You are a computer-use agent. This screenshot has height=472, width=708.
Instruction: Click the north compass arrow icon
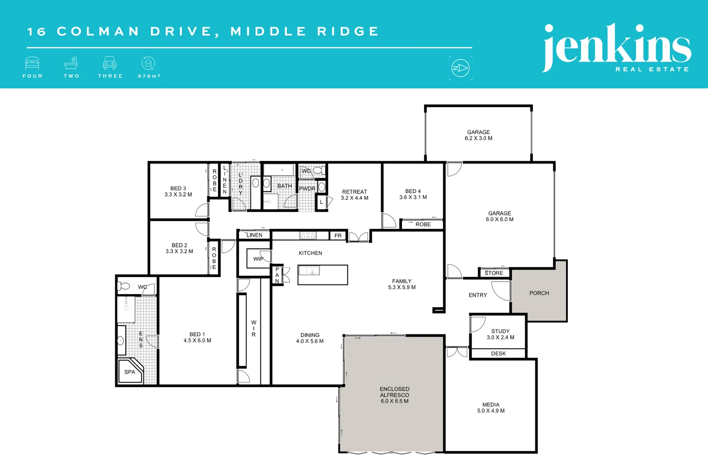click(x=460, y=68)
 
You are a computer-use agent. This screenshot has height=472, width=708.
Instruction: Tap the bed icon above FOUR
click(x=32, y=64)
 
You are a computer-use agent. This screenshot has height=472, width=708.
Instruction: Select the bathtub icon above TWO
click(x=71, y=64)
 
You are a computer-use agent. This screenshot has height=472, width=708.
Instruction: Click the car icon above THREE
click(x=110, y=64)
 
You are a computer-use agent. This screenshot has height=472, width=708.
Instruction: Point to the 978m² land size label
click(x=149, y=76)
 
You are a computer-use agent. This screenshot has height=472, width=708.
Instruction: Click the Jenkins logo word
click(x=616, y=46)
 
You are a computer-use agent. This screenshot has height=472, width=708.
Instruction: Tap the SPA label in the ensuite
click(x=130, y=372)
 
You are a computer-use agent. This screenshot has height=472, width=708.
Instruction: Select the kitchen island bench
click(x=323, y=275)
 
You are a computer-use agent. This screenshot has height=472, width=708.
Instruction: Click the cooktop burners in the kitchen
click(x=308, y=236)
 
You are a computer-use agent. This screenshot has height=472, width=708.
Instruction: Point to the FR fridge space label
click(x=338, y=236)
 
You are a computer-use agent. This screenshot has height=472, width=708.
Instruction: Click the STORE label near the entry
click(x=494, y=273)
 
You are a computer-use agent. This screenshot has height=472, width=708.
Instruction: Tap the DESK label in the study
click(x=498, y=354)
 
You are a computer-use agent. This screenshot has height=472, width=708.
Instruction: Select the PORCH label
click(x=539, y=293)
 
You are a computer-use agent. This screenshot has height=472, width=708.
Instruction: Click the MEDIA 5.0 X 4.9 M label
click(x=491, y=408)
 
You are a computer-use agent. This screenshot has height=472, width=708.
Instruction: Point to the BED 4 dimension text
click(x=413, y=198)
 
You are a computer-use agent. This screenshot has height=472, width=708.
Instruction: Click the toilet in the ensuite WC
click(x=125, y=286)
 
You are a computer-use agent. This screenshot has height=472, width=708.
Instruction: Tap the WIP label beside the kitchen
click(x=258, y=259)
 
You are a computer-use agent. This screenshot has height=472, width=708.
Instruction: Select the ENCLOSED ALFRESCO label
click(x=395, y=392)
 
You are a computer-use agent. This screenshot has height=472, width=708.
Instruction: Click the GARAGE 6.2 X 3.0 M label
click(x=479, y=135)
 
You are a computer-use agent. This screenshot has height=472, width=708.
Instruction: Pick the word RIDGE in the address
click(x=348, y=31)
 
